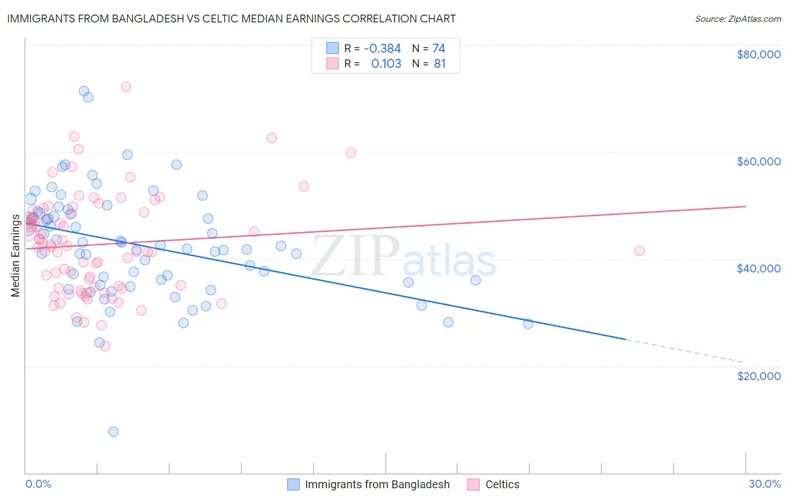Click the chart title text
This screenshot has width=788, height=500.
(231, 18)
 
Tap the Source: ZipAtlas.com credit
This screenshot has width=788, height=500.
(738, 18)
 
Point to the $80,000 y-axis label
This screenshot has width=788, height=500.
(758, 54)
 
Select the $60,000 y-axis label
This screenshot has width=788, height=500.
(758, 161)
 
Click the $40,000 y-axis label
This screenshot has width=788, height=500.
(758, 268)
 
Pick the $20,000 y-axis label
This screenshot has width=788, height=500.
(758, 376)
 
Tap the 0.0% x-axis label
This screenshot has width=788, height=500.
(38, 484)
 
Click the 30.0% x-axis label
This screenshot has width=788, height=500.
(764, 484)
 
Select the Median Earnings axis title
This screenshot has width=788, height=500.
(15, 255)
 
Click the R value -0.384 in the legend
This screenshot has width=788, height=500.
(382, 49)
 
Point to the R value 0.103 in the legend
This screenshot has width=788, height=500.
(386, 64)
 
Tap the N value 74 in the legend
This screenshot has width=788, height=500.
(439, 49)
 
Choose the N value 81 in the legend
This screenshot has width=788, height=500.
(439, 64)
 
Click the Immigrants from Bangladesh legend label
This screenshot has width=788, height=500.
(377, 484)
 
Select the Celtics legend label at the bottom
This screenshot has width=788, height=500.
(502, 484)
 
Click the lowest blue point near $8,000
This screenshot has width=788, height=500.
(113, 431)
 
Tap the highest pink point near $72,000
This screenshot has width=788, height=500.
(126, 87)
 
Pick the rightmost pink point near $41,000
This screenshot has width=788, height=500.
(639, 251)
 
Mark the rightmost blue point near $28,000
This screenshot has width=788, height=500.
(528, 323)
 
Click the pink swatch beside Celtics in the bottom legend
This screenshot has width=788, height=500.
(474, 484)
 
